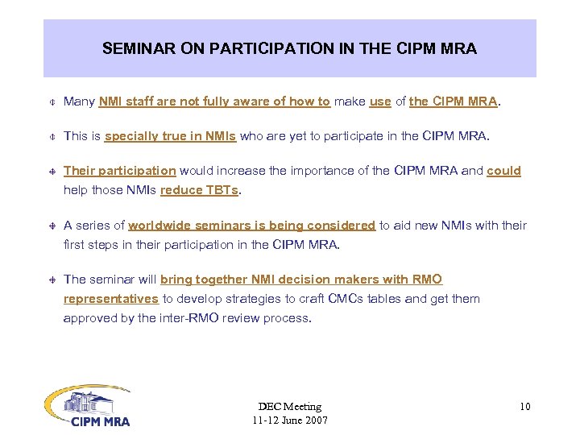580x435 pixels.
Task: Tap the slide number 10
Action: click(524, 406)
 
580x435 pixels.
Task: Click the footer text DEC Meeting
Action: click(289, 406)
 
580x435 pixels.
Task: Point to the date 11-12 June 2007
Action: click(289, 420)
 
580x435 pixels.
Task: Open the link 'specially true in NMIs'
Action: click(170, 136)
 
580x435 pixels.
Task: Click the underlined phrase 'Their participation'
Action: click(119, 171)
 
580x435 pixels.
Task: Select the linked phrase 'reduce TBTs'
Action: click(201, 191)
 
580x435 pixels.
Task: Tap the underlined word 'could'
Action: click(503, 171)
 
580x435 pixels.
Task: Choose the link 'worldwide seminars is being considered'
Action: click(251, 226)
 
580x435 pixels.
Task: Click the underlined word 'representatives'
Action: click(111, 299)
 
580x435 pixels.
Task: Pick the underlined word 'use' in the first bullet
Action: click(379, 101)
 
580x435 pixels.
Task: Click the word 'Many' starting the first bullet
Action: click(79, 101)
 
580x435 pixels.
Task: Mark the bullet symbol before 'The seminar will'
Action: click(51, 280)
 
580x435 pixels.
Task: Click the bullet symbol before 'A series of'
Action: click(51, 226)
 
